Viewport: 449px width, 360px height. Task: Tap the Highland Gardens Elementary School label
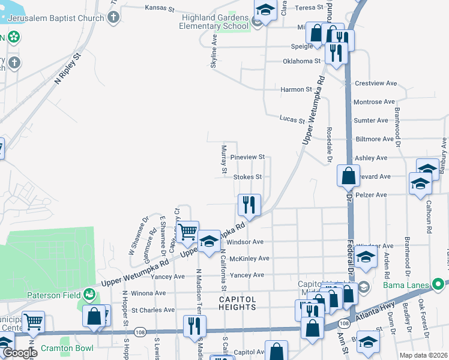pos(215,22)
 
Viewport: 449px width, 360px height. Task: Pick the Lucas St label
pos(293,120)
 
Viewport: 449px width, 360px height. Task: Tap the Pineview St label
pos(249,157)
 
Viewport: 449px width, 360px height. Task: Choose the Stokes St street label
pos(247,177)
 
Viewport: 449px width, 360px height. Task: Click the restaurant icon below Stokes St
pos(249,205)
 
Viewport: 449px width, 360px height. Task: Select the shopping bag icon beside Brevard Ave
pos(348,176)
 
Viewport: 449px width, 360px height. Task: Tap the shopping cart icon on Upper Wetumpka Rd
pos(188,230)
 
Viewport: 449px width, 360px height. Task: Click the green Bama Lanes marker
pos(439,283)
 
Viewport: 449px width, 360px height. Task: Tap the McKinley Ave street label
pos(248,259)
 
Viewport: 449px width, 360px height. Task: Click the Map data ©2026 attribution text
pos(423,355)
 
